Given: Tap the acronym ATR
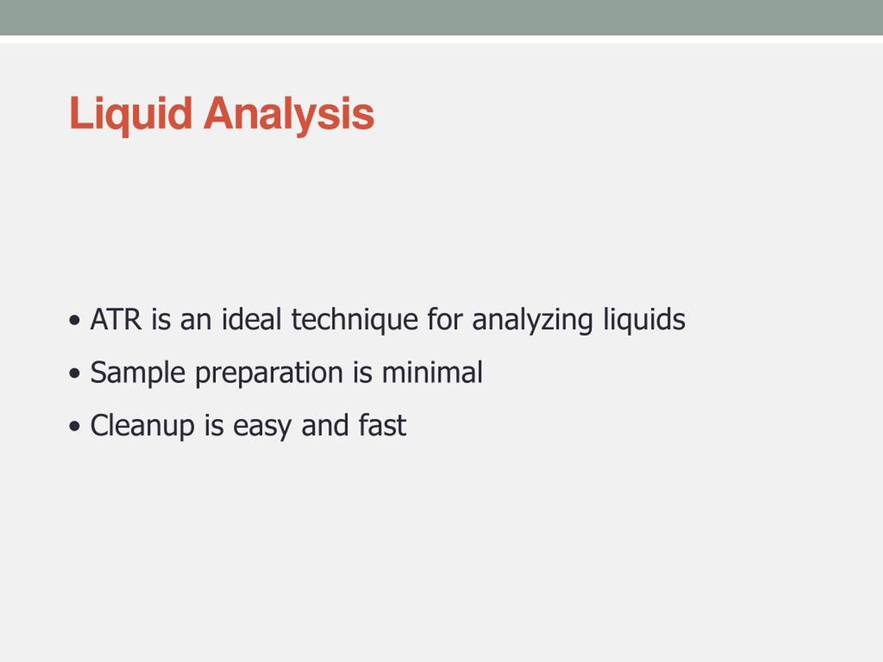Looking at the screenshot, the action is (116, 319).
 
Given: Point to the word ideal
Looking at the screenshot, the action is (251, 319).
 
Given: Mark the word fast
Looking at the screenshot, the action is (383, 425).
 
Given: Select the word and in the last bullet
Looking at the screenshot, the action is (325, 425).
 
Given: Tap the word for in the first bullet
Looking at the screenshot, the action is (445, 319).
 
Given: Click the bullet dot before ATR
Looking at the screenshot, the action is (75, 320).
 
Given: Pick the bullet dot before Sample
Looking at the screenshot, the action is (75, 373).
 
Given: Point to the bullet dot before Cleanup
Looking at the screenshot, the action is (75, 426).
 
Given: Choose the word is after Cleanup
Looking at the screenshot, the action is (214, 425).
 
